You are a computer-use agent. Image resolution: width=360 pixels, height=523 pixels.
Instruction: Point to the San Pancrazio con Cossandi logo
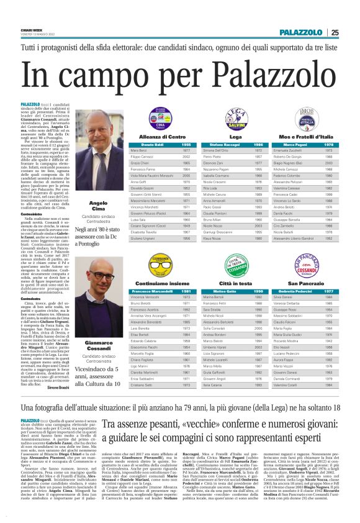pos(310,265)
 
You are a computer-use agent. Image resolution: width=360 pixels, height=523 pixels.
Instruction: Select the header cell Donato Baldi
pos(142,144)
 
